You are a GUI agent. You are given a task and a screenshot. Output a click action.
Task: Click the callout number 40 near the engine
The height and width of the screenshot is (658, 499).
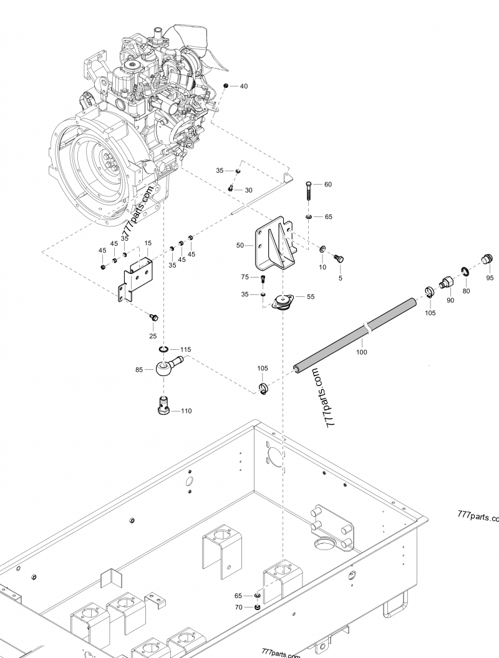pyautogui.click(x=243, y=86)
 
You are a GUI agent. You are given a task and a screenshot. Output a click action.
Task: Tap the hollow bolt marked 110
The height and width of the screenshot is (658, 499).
pyautogui.click(x=164, y=406)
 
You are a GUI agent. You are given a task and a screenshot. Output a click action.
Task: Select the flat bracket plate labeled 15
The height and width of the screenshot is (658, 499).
pyautogui.click(x=136, y=278)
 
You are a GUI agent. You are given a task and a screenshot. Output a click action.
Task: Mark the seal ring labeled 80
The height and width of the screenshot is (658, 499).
pyautogui.click(x=465, y=271)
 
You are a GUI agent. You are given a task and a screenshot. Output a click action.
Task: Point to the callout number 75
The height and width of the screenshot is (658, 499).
pyautogui.click(x=245, y=277)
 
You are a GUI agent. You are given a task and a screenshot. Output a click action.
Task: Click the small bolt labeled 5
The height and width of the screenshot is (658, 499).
pyautogui.click(x=339, y=258)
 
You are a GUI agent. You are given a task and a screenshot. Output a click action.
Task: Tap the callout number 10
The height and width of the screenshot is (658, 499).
pyautogui.click(x=322, y=267)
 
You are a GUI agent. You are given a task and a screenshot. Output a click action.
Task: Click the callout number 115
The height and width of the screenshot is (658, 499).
pyautogui.click(x=186, y=349)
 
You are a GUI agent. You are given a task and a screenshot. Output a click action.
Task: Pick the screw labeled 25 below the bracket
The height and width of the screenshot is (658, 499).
pyautogui.click(x=153, y=317)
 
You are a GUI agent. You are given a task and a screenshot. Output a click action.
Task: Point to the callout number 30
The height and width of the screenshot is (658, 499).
pyautogui.click(x=248, y=190)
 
